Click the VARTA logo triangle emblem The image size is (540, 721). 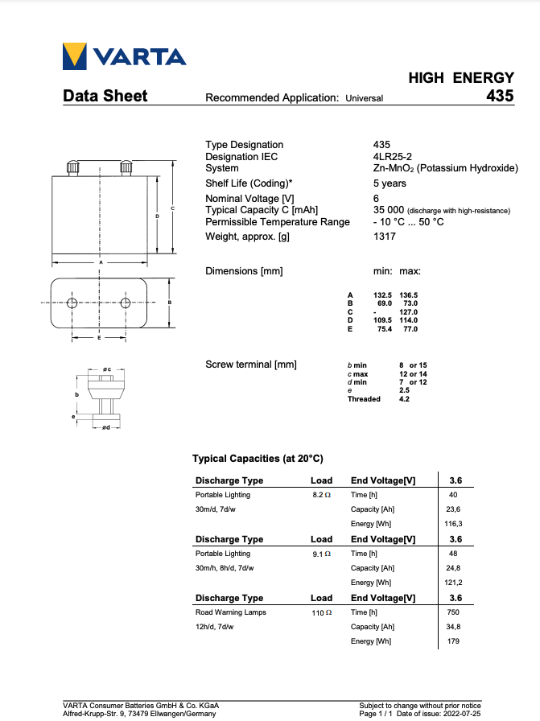tap(75, 56)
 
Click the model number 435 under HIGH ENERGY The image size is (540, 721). tap(499, 96)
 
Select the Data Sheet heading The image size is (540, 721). tap(105, 96)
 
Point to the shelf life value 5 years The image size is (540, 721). tap(390, 183)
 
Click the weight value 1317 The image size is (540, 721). tap(385, 237)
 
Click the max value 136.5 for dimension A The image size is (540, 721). tap(408, 295)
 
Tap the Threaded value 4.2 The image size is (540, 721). tap(404, 399)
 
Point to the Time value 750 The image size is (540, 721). tap(454, 612)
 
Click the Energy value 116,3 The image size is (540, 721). tap(454, 524)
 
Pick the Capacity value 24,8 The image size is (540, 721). tap(454, 568)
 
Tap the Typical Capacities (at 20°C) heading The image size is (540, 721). tap(258, 459)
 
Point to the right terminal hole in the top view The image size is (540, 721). tap(126, 303)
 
